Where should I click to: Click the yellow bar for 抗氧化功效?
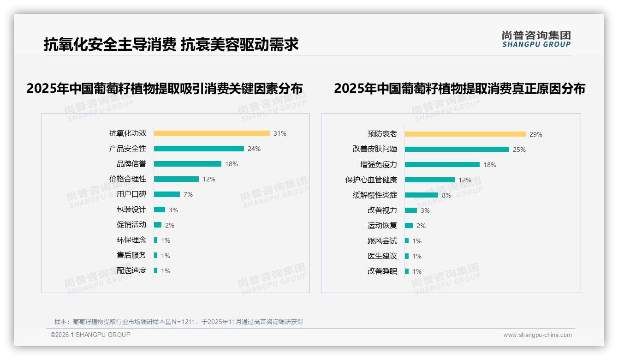[x=212, y=133]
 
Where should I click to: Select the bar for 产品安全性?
[x=199, y=149]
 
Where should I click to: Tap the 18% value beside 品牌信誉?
[x=232, y=164]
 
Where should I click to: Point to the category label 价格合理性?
[x=128, y=179]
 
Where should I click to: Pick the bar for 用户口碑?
[x=167, y=194]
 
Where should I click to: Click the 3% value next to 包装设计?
[x=173, y=210]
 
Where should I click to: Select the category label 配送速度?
[x=131, y=270]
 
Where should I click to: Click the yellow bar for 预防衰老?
[x=465, y=134]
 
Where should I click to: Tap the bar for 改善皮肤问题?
[x=457, y=150]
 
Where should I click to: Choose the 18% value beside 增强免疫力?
[x=490, y=165]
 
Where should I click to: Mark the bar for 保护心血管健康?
[x=430, y=180]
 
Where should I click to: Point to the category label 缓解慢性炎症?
[x=375, y=195]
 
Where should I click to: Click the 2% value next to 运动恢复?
[x=421, y=226]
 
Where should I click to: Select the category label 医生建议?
[x=382, y=256]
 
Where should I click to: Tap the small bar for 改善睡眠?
[x=407, y=271]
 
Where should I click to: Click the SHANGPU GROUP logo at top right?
[x=536, y=39]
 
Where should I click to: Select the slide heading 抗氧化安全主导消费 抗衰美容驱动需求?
[x=171, y=44]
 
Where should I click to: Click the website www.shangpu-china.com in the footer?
[x=537, y=335]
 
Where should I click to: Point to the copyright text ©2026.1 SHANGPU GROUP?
[x=90, y=335]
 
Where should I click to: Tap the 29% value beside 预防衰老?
[x=536, y=134]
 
